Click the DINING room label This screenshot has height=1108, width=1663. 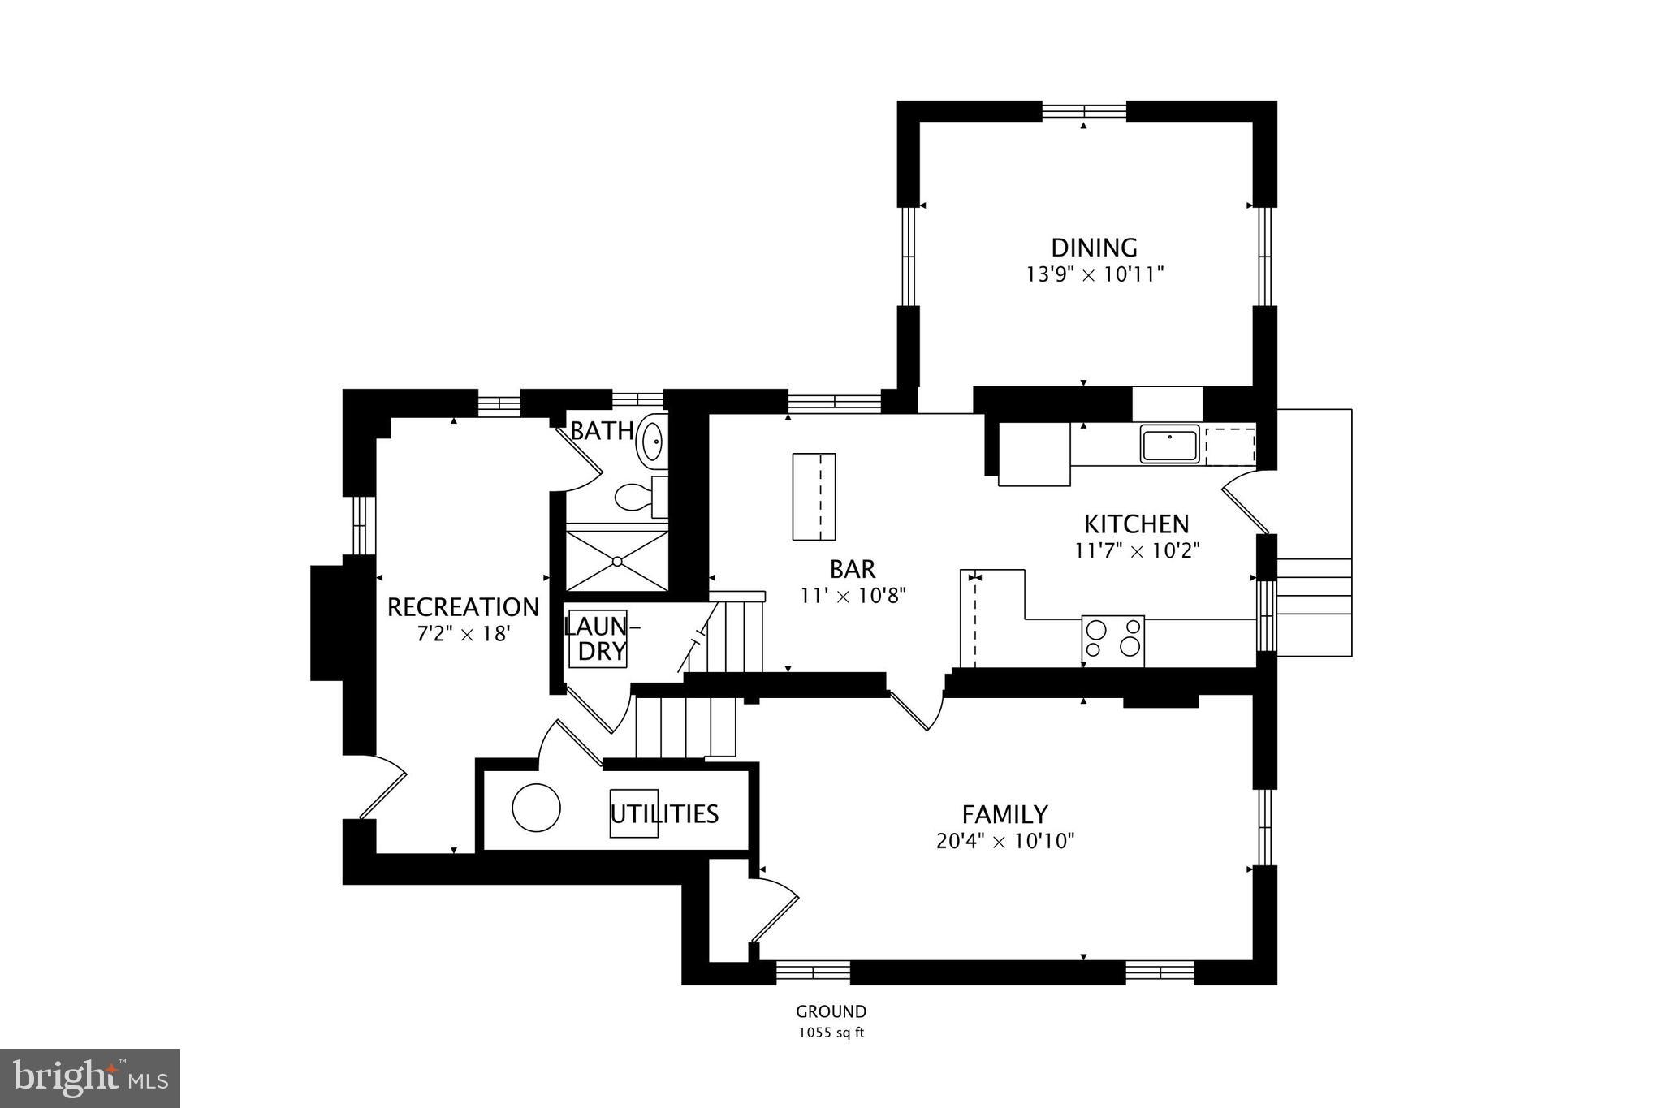click(x=1094, y=248)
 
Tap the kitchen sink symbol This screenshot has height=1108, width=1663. click(x=1169, y=445)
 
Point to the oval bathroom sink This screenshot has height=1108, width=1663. click(x=652, y=442)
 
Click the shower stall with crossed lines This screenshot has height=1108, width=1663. click(x=617, y=561)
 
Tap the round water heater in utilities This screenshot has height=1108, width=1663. click(x=536, y=808)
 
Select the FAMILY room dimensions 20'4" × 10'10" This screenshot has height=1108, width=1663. click(x=1005, y=841)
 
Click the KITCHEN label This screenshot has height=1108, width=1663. click(x=1137, y=524)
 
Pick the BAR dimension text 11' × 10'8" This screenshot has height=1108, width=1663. click(x=853, y=596)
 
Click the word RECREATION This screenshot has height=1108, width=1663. click(x=463, y=607)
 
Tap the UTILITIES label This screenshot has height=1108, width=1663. click(x=664, y=814)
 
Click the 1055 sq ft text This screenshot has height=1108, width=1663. click(x=831, y=1033)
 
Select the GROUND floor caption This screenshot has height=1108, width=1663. click(x=831, y=1012)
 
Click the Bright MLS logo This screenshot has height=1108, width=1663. click(x=89, y=1077)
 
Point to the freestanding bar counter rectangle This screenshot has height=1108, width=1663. click(x=814, y=497)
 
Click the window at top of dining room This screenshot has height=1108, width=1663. click(x=1084, y=111)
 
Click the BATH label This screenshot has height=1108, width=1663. click(x=602, y=431)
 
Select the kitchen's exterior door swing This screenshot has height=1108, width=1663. click(x=1242, y=503)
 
